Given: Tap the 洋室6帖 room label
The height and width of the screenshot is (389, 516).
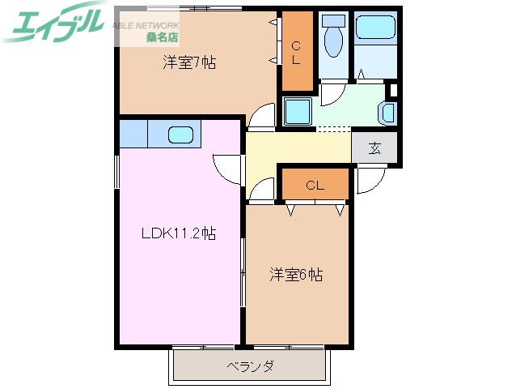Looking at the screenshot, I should click(x=297, y=275).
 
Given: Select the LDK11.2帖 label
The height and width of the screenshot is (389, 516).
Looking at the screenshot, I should click(x=179, y=234).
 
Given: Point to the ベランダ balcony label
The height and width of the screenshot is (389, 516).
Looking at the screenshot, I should click(x=250, y=366).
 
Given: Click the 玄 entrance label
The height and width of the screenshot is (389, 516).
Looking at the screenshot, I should click(x=375, y=147).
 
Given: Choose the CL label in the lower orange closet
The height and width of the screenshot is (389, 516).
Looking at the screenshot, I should click(x=315, y=186).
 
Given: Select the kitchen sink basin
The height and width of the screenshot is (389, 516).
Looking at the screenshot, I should click(x=181, y=135).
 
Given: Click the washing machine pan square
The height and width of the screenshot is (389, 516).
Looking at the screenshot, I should click(x=298, y=109).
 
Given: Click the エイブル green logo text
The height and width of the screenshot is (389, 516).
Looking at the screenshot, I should click(x=55, y=23).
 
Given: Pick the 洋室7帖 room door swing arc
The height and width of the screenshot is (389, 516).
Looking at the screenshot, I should click(x=261, y=118).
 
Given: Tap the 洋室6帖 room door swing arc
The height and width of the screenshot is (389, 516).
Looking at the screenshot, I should click(x=260, y=190).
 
